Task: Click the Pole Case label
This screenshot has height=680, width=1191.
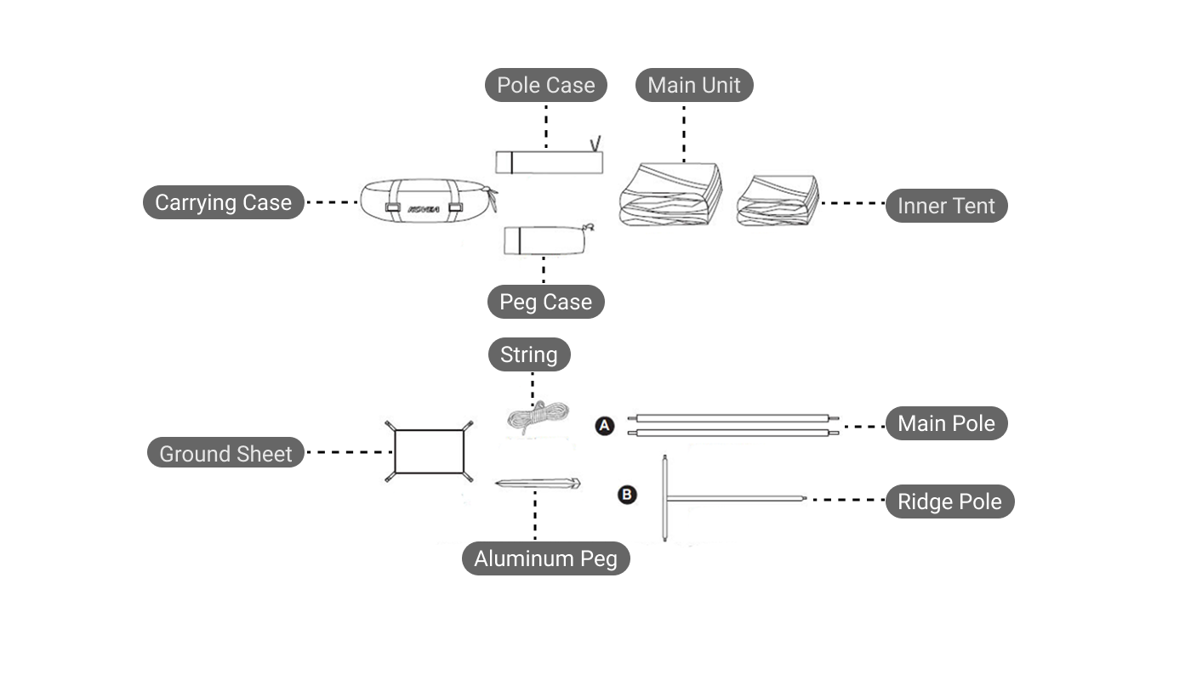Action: pos(546,85)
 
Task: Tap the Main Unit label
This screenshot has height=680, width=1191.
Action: pos(694,85)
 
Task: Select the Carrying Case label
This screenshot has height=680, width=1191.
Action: pos(223,202)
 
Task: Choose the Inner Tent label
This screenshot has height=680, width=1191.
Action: pos(946,206)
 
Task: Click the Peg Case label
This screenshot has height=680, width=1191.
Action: pos(545,302)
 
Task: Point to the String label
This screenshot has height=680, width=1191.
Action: pos(528,354)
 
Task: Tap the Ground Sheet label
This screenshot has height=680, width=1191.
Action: pos(225,454)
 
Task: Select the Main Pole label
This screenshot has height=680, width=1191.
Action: pos(946,423)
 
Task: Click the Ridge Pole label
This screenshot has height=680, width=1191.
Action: pos(949,501)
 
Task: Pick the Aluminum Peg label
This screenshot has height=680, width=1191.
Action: pos(545,558)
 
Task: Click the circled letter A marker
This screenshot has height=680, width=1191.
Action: pos(604,426)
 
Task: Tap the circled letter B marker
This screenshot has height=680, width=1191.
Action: pos(626,494)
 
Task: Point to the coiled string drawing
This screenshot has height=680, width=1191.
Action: pos(536,418)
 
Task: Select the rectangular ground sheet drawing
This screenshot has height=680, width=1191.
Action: pos(429,452)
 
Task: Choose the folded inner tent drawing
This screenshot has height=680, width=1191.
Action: pos(778,201)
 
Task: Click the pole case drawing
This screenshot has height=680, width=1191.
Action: pos(549,161)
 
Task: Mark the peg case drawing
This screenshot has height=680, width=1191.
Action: pos(544,240)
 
